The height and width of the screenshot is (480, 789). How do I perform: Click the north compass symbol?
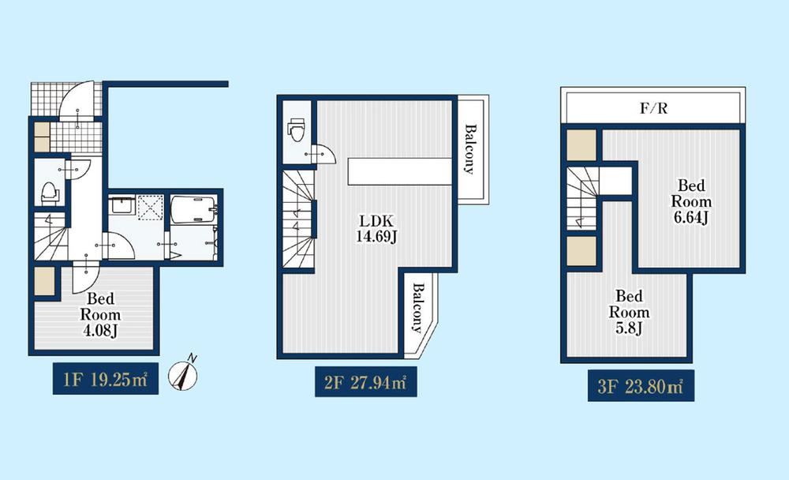(183, 375)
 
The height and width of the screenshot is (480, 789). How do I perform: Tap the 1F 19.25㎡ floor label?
(106, 379)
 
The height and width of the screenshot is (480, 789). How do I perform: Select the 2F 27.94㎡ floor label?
(366, 382)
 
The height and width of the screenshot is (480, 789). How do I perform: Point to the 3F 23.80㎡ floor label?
(641, 386)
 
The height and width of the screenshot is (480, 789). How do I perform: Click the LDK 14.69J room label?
(376, 228)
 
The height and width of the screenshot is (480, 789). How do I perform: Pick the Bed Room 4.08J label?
(101, 315)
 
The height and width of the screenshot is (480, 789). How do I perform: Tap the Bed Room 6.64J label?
(691, 201)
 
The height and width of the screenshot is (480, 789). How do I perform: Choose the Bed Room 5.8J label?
(629, 313)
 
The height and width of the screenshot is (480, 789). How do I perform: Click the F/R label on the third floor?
(653, 108)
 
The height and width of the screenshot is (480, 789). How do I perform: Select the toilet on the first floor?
(49, 193)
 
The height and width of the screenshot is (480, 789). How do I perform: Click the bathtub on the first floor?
(194, 209)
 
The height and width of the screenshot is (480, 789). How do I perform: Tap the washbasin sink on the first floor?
(122, 205)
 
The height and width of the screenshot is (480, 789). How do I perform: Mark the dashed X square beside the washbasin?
(151, 207)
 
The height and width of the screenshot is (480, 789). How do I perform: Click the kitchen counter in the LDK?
(400, 171)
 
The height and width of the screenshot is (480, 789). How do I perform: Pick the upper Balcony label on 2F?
(469, 149)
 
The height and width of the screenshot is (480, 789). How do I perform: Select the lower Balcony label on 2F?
(417, 308)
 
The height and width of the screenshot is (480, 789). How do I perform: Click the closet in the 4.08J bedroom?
(44, 281)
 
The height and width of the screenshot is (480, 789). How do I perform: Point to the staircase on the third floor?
(583, 198)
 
